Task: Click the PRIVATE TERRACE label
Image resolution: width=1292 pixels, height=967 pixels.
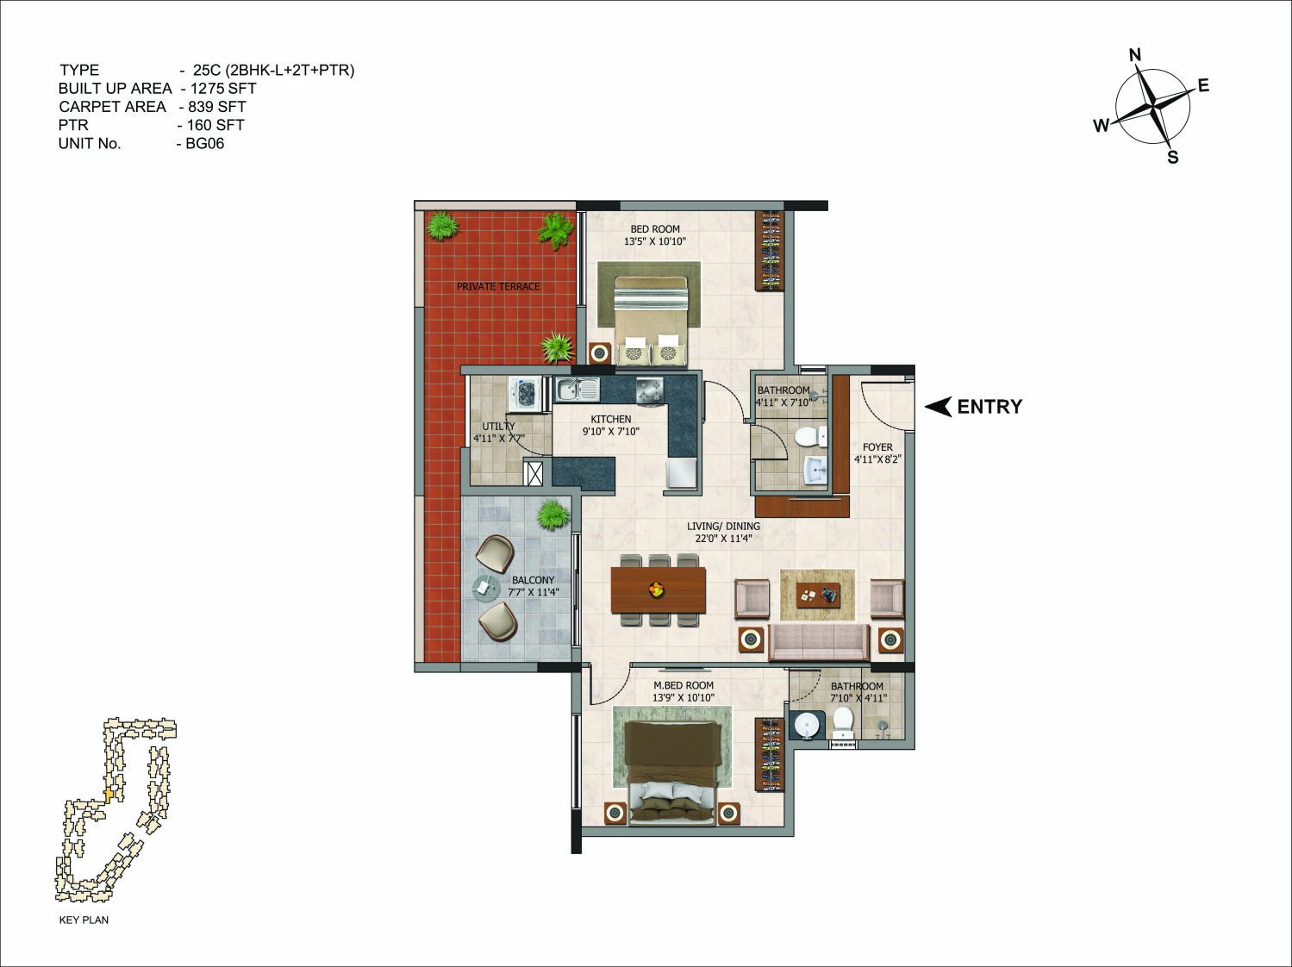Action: click(x=498, y=287)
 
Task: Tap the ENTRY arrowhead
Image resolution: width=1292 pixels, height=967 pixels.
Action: click(x=937, y=407)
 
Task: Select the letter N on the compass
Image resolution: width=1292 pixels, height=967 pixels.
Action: click(x=1135, y=55)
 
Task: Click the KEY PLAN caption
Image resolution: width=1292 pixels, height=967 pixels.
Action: click(x=84, y=920)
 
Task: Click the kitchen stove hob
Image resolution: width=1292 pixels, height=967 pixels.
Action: click(x=649, y=390)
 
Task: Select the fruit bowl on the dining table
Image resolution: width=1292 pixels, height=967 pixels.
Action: click(x=656, y=588)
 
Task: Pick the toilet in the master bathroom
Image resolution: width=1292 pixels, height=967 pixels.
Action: click(x=843, y=723)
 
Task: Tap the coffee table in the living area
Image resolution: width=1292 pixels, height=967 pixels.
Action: click(x=818, y=595)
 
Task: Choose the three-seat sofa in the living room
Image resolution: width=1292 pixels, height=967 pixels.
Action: click(x=819, y=642)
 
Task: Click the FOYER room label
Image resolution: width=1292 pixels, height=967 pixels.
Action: click(x=877, y=447)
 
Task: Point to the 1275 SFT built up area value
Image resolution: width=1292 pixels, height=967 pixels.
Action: click(x=223, y=89)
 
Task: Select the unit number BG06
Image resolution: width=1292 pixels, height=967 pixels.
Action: click(x=205, y=144)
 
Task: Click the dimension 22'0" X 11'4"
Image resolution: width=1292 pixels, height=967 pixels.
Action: click(x=723, y=538)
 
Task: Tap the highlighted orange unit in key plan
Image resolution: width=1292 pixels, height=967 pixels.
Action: click(x=109, y=795)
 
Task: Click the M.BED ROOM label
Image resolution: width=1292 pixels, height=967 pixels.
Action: click(x=683, y=686)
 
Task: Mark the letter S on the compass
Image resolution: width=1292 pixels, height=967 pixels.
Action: click(x=1172, y=157)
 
